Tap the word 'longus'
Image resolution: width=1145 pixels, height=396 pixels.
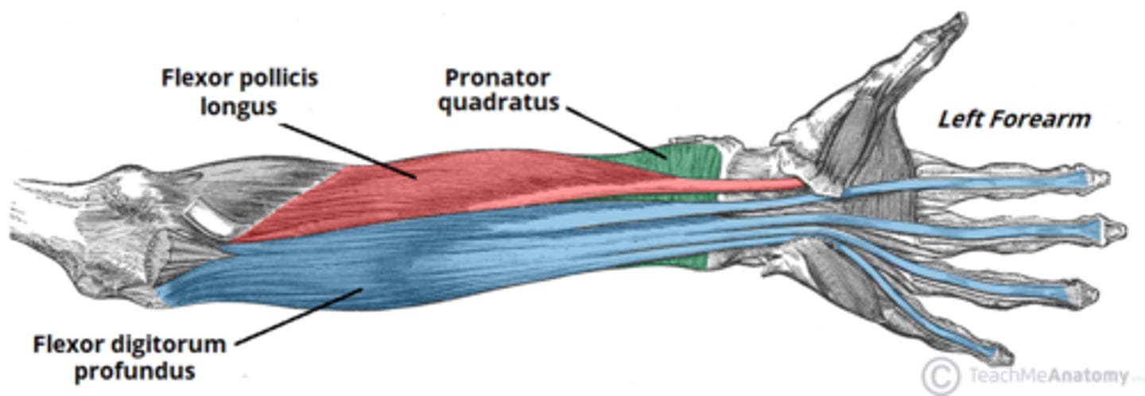pyautogui.click(x=239, y=107)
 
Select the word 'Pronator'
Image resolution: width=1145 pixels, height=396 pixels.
pyautogui.click(x=498, y=78)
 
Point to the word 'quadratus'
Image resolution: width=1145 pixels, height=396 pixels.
pyautogui.click(x=499, y=103)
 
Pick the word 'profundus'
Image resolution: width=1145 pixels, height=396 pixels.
pyautogui.click(x=135, y=371)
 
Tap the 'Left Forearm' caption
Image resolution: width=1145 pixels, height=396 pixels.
pyautogui.click(x=1014, y=119)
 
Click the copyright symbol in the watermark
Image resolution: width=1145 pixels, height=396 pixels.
pyautogui.click(x=941, y=377)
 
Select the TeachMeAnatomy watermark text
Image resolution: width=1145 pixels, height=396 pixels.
pyautogui.click(x=1048, y=377)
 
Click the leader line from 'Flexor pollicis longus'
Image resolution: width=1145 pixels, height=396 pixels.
pyautogui.click(x=347, y=151)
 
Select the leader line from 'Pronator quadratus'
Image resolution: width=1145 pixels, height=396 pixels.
pyautogui.click(x=617, y=133)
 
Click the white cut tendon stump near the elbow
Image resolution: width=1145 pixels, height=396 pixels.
pyautogui.click(x=207, y=218)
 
